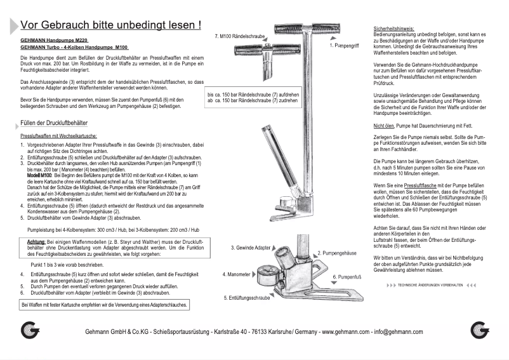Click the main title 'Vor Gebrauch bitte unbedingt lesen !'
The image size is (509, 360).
(111, 25)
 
